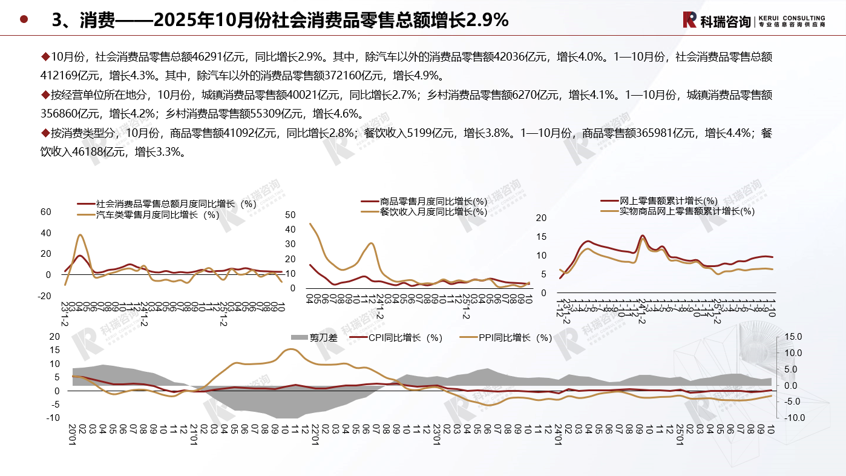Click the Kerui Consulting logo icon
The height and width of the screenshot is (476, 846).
click(x=689, y=19)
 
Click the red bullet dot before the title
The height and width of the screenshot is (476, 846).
click(x=24, y=19)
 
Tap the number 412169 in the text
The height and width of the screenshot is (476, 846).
click(x=61, y=76)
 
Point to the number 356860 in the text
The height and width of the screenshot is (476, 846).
click(x=61, y=113)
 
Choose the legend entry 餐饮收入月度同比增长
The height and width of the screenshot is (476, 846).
click(x=433, y=211)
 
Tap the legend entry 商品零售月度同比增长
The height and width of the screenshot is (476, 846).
click(x=433, y=201)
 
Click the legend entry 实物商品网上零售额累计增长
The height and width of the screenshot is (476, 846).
click(x=687, y=211)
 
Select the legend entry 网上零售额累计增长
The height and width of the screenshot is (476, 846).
click(x=669, y=200)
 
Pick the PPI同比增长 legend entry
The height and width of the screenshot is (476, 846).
click(x=514, y=337)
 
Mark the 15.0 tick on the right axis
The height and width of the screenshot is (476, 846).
click(x=793, y=337)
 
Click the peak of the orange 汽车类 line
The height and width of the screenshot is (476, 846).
click(x=80, y=235)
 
